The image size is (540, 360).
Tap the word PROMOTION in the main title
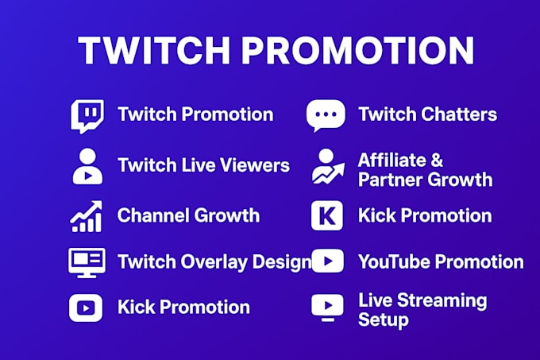pyautogui.click(x=357, y=51)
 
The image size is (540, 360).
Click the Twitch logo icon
pyautogui.click(x=87, y=116)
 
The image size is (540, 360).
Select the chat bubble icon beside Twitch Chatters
pyautogui.click(x=326, y=116)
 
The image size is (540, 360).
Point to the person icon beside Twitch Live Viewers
pyautogui.click(x=87, y=166)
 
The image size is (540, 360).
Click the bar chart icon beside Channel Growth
pyautogui.click(x=87, y=215)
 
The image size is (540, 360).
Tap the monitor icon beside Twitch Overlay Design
pyautogui.click(x=87, y=261)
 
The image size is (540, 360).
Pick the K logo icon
pyautogui.click(x=327, y=215)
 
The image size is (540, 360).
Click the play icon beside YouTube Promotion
pyautogui.click(x=327, y=261)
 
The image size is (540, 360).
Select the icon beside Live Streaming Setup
pyautogui.click(x=327, y=308)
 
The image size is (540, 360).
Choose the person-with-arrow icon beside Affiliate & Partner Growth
pyautogui.click(x=327, y=168)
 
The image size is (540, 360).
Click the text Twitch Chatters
pyautogui.click(x=427, y=114)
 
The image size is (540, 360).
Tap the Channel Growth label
pyautogui.click(x=188, y=215)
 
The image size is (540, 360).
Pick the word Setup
pyautogui.click(x=383, y=319)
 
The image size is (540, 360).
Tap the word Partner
pyautogui.click(x=388, y=180)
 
